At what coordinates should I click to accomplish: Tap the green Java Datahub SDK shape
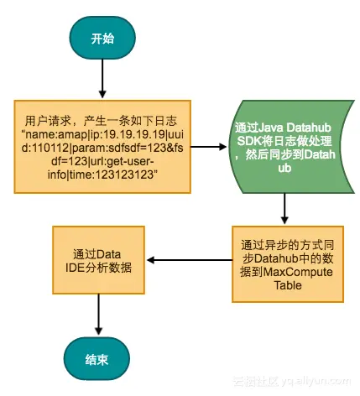click(x=284, y=145)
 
